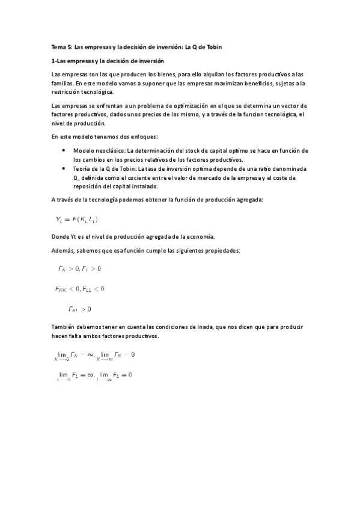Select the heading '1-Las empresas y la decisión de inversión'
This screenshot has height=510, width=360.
click(108, 61)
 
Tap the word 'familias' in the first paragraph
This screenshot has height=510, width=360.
click(63, 83)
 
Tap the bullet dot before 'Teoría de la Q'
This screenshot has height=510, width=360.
click(64, 170)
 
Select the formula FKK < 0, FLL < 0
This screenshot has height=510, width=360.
click(79, 289)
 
